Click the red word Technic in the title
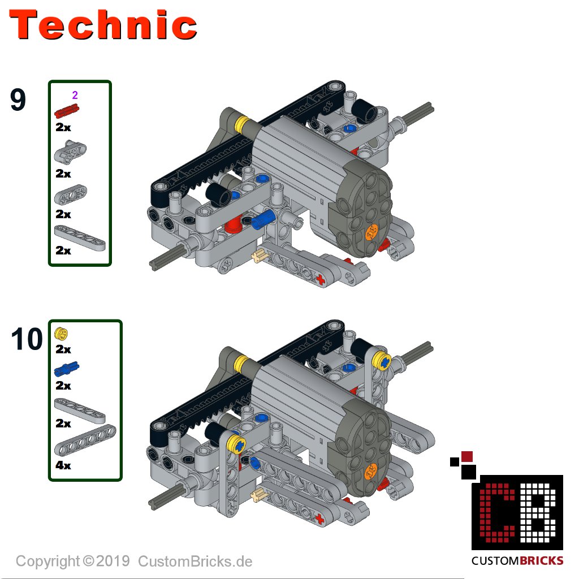click(103, 25)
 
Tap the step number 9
click(18, 100)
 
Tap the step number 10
click(27, 339)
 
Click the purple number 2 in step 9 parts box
click(75, 95)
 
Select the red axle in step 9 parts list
click(67, 110)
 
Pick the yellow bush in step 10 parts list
click(61, 334)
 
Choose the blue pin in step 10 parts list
click(67, 369)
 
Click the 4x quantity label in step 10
click(63, 465)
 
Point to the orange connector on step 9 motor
click(371, 232)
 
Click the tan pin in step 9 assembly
click(259, 256)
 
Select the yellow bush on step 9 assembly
click(243, 125)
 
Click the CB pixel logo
click(517, 512)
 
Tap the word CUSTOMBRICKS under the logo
click(517, 561)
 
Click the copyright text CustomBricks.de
click(195, 561)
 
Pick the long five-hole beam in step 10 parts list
click(85, 440)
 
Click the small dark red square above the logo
click(467, 456)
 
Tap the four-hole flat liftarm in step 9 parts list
click(80, 239)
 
